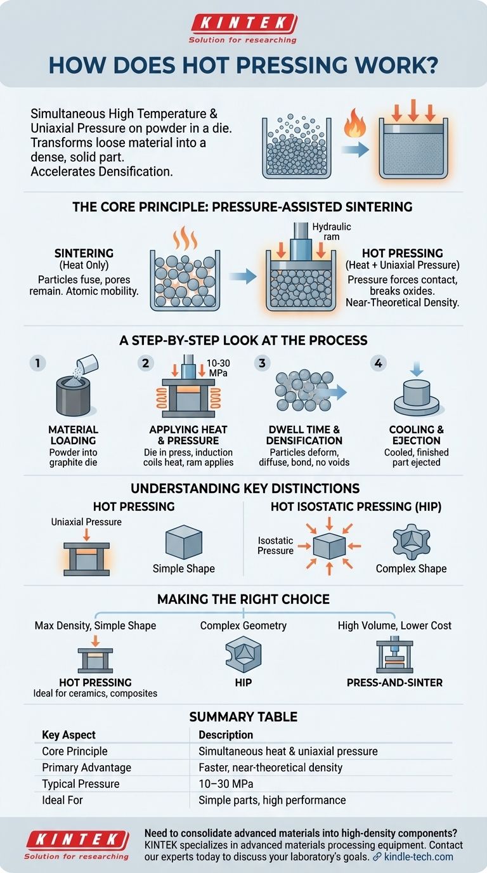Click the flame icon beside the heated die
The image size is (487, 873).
pyautogui.click(x=354, y=123)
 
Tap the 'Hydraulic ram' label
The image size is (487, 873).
pyautogui.click(x=332, y=232)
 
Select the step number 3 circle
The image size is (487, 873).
pyautogui.click(x=262, y=364)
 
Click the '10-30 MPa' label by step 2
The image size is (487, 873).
pyautogui.click(x=218, y=368)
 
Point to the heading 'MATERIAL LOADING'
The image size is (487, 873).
pyautogui.click(x=74, y=435)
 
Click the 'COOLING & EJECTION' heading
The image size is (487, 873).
pyautogui.click(x=416, y=435)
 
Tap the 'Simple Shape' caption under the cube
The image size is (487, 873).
pyautogui.click(x=183, y=568)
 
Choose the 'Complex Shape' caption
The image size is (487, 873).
pyautogui.click(x=411, y=568)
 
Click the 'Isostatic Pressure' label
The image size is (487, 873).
pyautogui.click(x=275, y=546)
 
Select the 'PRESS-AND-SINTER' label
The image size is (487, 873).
pyautogui.click(x=394, y=683)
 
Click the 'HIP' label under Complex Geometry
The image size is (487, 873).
pyautogui.click(x=243, y=683)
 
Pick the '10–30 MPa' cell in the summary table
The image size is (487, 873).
pyautogui.click(x=226, y=784)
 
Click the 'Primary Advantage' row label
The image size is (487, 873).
pyautogui.click(x=86, y=768)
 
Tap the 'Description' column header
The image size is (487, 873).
pyautogui.click(x=226, y=735)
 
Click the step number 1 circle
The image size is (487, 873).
pyautogui.click(x=38, y=364)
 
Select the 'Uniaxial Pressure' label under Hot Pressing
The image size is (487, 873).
pyautogui.click(x=86, y=522)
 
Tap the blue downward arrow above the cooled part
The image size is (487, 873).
pyautogui.click(x=417, y=368)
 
